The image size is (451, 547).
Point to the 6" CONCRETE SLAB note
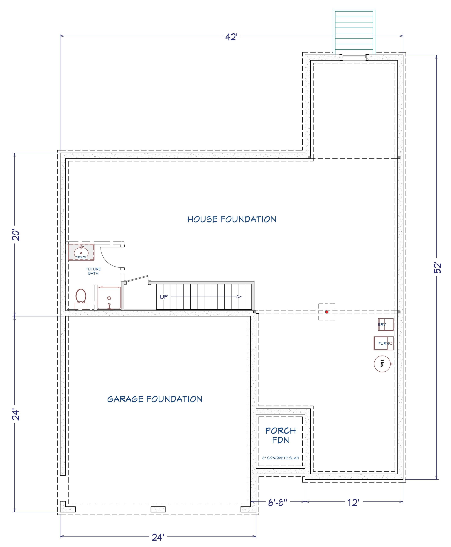click(x=281, y=458)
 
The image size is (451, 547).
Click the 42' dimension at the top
click(x=231, y=37)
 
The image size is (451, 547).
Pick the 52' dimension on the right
click(x=438, y=268)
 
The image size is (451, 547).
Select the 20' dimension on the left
click(x=16, y=235)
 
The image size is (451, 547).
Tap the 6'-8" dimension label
click(x=277, y=503)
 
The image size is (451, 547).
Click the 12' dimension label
click(x=353, y=503)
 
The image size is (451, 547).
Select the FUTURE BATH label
click(x=93, y=271)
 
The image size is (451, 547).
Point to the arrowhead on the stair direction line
click(x=239, y=297)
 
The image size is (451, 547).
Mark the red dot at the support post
click(x=327, y=312)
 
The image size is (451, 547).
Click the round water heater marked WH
click(x=382, y=363)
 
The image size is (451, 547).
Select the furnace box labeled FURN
click(x=383, y=343)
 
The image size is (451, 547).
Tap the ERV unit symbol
click(x=386, y=325)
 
